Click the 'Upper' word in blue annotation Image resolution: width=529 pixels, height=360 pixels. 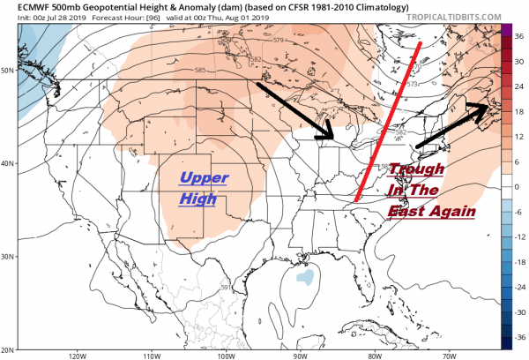(x=204, y=178)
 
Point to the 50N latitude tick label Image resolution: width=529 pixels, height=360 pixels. (x=9, y=68)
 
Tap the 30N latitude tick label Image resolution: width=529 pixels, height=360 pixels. (x=9, y=256)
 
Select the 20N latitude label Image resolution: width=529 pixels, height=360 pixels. (x=9, y=349)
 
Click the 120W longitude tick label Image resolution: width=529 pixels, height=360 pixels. (x=75, y=356)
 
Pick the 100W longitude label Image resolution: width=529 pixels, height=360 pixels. (x=225, y=356)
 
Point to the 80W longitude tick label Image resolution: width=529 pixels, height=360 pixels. (x=375, y=356)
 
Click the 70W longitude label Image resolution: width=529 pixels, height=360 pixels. (x=450, y=356)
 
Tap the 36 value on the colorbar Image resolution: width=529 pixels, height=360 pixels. (x=520, y=37)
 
